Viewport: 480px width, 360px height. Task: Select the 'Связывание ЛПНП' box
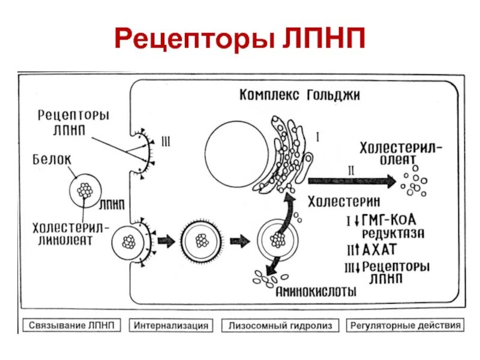(x=72, y=325)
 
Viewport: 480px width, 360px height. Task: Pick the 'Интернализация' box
(x=171, y=325)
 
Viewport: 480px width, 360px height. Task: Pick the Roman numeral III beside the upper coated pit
(x=166, y=142)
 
